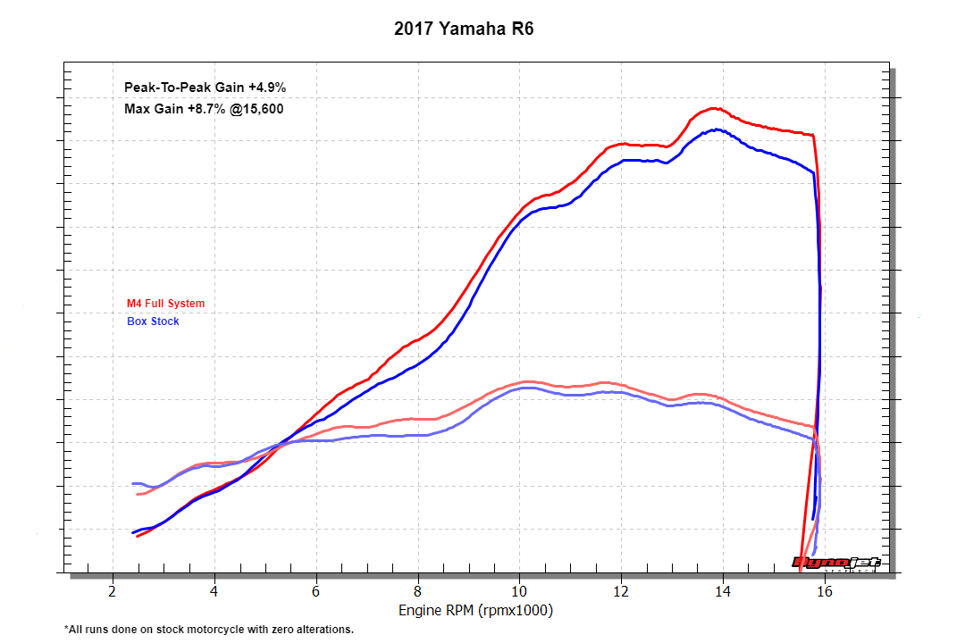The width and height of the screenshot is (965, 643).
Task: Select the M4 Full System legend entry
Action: point(165,304)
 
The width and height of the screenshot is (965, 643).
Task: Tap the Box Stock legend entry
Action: point(153,321)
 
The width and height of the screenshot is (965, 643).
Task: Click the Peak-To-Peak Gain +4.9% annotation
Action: point(205,87)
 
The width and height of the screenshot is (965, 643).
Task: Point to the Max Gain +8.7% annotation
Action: point(205,109)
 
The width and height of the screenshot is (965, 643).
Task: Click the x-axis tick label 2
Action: point(112,591)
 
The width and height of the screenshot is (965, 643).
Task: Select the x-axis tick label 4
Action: point(214,591)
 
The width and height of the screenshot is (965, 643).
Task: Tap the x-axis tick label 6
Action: point(316,591)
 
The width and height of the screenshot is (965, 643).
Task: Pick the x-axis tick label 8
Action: point(418,591)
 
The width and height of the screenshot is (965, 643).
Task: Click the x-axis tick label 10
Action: point(520,591)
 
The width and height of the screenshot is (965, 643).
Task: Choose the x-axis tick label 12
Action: point(622,591)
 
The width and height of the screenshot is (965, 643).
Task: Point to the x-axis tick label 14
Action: point(724,591)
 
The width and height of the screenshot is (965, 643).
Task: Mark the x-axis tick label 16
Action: point(826,591)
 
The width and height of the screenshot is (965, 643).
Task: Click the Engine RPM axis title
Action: point(475,611)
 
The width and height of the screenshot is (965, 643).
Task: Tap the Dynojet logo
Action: point(836,563)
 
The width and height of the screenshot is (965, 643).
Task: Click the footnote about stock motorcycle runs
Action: point(209,630)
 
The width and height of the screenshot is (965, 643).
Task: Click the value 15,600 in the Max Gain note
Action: point(261,109)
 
